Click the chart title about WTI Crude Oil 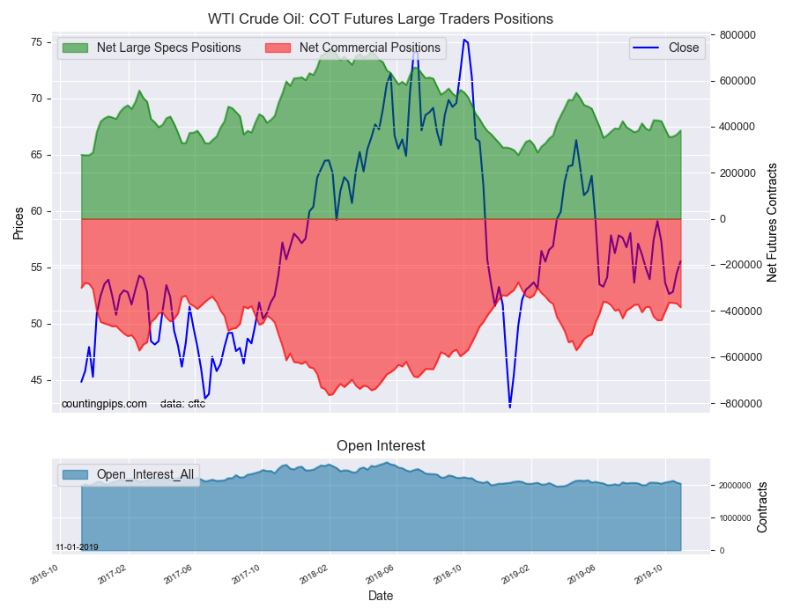pyautogui.click(x=381, y=18)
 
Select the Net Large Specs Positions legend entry pyautogui.click(x=168, y=48)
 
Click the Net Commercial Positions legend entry pyautogui.click(x=369, y=48)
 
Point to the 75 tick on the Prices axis pyautogui.click(x=36, y=42)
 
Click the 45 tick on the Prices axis pyautogui.click(x=36, y=380)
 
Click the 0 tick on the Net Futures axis pyautogui.click(x=718, y=219)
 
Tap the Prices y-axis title pyautogui.click(x=19, y=223)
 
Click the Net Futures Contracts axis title pyautogui.click(x=772, y=223)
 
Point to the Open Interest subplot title pyautogui.click(x=381, y=446)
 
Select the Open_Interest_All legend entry pyautogui.click(x=145, y=474)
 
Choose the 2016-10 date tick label pyautogui.click(x=44, y=576)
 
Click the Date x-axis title pyautogui.click(x=381, y=596)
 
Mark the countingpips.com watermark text pyautogui.click(x=104, y=404)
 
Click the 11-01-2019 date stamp pyautogui.click(x=77, y=546)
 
